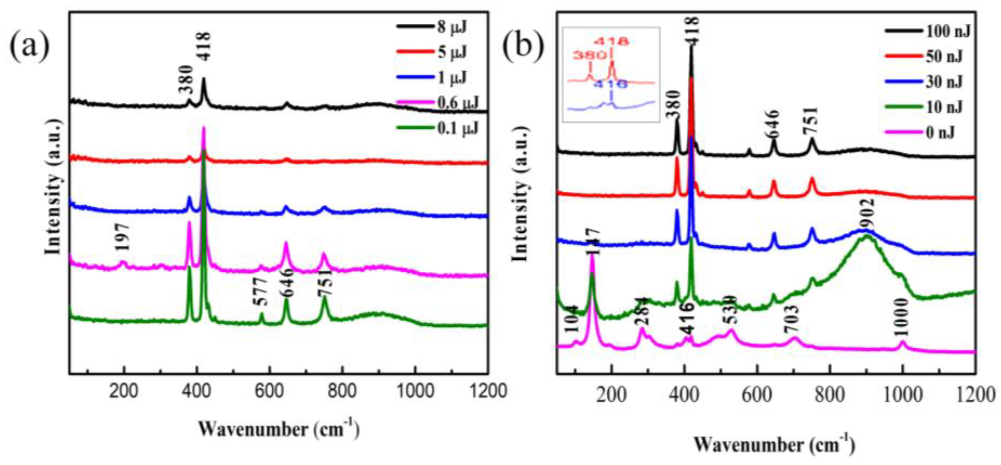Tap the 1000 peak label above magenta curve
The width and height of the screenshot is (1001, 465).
coord(901,323)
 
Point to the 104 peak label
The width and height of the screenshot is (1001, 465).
coord(572,320)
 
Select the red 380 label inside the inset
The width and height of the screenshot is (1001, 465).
coord(589,55)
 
